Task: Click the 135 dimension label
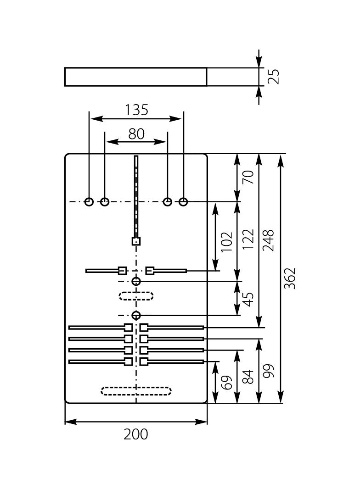point(136,110)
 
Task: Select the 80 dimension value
point(136,134)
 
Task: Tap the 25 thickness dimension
point(273,77)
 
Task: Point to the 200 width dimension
point(136,434)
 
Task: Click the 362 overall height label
point(290,278)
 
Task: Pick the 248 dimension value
point(268,240)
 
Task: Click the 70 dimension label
point(248,177)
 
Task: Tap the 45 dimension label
point(248,299)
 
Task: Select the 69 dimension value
point(226,383)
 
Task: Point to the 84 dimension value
point(248,377)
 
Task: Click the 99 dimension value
point(268,371)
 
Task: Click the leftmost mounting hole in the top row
point(89,201)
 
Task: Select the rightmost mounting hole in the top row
point(183,201)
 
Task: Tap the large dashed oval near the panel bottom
point(136,391)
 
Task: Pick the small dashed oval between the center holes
point(136,295)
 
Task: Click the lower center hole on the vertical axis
point(136,315)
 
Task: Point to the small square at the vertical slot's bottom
point(136,241)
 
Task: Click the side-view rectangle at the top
point(135,77)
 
